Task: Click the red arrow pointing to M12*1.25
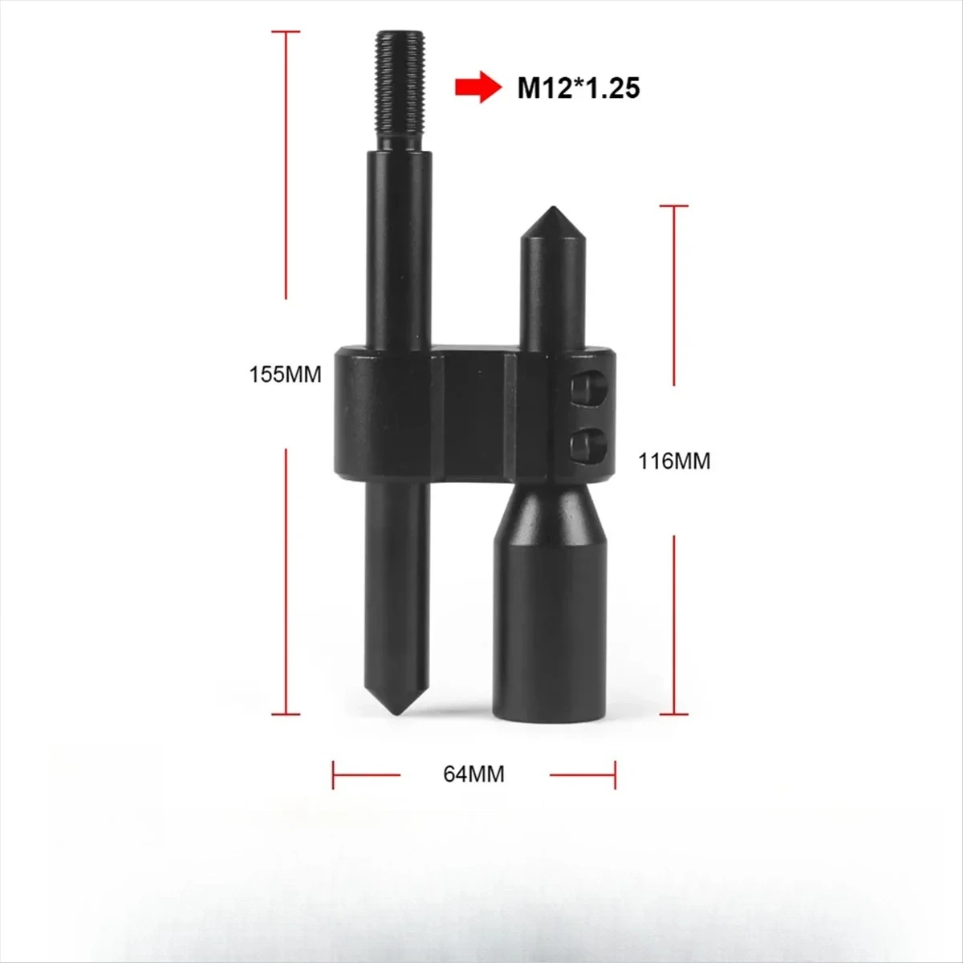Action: pos(474,87)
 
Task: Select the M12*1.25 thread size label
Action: pos(578,87)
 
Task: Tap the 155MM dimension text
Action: pos(286,374)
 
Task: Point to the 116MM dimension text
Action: pos(674,461)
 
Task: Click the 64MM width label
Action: pos(473,774)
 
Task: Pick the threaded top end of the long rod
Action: pos(399,87)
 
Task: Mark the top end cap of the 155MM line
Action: pos(286,31)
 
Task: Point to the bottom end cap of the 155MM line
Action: pos(286,713)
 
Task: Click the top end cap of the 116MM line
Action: pos(674,206)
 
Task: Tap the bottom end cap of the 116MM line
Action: pos(674,713)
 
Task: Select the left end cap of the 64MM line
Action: pos(334,774)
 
